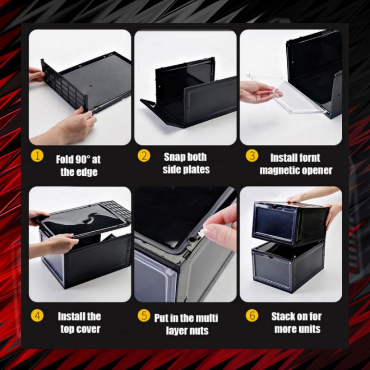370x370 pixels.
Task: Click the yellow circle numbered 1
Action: (37, 156)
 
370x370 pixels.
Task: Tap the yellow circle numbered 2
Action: (144, 156)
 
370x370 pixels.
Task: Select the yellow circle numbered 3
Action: (252, 156)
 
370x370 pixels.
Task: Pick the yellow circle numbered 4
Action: (37, 315)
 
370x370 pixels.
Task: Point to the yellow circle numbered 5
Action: (144, 315)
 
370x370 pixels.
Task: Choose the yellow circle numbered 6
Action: (252, 315)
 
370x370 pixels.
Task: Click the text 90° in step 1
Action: (83, 160)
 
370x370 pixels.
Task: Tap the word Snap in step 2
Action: (174, 157)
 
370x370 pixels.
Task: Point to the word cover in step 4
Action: (88, 329)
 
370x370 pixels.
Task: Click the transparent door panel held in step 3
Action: (287, 94)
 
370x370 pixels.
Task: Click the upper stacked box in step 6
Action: (290, 223)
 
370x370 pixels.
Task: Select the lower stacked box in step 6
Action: (288, 267)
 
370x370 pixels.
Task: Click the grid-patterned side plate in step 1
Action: (64, 85)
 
